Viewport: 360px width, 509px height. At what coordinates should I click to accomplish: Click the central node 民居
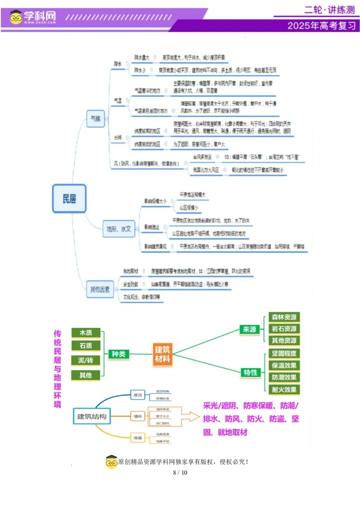[69, 198]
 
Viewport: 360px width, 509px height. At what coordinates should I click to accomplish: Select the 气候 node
[95, 119]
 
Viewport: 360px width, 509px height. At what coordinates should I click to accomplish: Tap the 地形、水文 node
[118, 229]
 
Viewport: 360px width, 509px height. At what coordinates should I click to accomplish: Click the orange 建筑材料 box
[162, 354]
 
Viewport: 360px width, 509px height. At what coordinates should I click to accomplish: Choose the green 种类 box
[118, 354]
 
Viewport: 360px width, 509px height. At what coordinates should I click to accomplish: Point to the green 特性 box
[250, 372]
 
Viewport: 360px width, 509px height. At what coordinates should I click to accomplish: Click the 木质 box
[85, 333]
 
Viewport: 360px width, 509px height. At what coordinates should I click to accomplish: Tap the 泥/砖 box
[85, 360]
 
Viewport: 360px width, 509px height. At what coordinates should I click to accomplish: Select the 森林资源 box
[284, 317]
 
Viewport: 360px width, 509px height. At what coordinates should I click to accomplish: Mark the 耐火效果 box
[284, 389]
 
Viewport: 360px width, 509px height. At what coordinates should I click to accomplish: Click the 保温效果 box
[284, 366]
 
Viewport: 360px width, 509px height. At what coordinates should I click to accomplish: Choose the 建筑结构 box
[92, 416]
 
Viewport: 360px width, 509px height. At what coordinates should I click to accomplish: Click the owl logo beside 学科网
[16, 17]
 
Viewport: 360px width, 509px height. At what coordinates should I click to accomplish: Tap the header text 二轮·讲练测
[329, 10]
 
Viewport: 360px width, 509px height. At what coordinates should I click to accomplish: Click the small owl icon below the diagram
[112, 462]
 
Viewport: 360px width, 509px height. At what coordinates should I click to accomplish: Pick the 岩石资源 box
[284, 329]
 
